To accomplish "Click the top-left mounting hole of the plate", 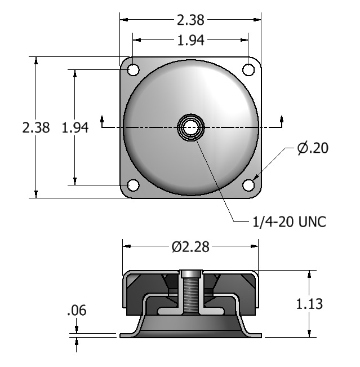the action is point(134,70).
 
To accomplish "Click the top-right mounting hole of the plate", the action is point(248,70).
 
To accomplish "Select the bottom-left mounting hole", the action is point(134,185).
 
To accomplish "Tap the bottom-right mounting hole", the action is point(248,185).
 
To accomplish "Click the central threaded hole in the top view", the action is point(191,127).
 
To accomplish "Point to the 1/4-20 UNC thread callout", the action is point(289,222).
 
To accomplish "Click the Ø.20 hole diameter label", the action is point(313,148).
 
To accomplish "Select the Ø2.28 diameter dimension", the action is point(190,247).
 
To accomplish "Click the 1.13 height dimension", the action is point(309,304).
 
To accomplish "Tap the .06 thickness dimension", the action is point(77,310).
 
